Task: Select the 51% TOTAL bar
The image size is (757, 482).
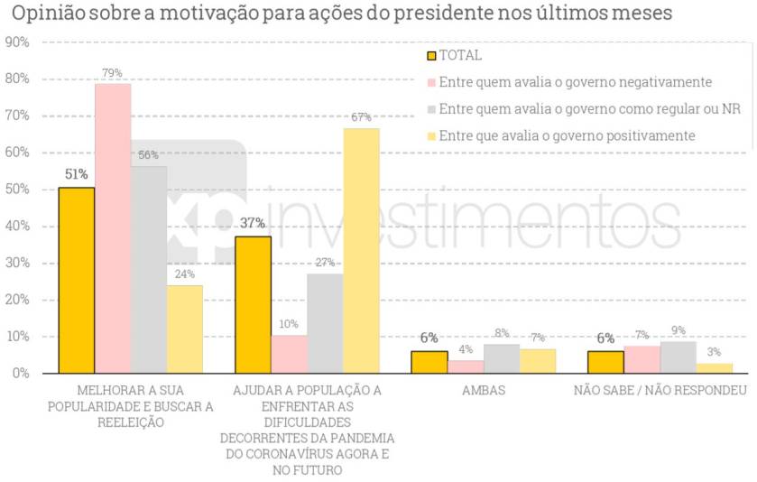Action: click(77, 280)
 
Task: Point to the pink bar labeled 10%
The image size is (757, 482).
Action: click(289, 354)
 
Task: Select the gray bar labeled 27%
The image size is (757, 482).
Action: click(325, 323)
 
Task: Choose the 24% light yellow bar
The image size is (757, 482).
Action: click(185, 329)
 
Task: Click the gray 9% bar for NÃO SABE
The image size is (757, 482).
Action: click(678, 357)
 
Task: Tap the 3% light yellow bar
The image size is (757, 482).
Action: click(714, 367)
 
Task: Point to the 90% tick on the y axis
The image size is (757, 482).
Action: click(17, 42)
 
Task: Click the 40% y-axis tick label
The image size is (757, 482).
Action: click(17, 227)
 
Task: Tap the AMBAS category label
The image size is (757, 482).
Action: click(483, 391)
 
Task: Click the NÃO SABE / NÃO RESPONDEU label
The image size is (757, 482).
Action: click(660, 391)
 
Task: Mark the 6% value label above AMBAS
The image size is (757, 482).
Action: click(429, 338)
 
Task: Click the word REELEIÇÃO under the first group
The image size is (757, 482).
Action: click(131, 422)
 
